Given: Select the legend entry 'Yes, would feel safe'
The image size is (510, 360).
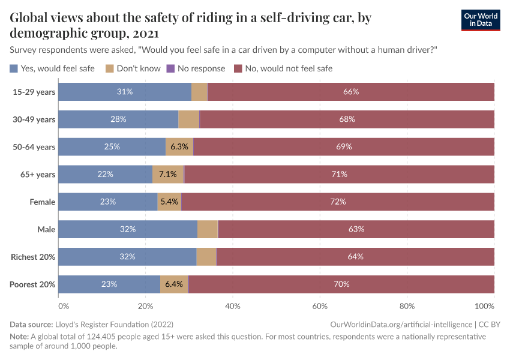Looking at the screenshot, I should (x=52, y=68).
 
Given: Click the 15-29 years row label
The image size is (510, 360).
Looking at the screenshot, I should (x=34, y=92).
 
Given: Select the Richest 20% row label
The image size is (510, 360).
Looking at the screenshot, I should (x=33, y=257).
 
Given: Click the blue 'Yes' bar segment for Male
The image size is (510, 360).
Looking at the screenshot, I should (x=128, y=229).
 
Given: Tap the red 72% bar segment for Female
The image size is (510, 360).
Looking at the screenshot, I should (x=338, y=202).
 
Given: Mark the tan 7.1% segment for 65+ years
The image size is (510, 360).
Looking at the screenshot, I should (x=167, y=174).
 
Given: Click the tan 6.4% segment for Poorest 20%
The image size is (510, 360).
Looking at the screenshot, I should (x=173, y=284).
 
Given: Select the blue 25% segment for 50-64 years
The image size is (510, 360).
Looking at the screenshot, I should (x=112, y=146).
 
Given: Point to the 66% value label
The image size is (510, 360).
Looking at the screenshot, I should (x=351, y=92).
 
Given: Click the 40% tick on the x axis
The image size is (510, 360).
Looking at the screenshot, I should (x=233, y=305).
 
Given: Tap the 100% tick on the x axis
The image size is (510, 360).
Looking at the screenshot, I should (x=493, y=305).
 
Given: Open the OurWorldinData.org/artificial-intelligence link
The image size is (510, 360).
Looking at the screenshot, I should (x=401, y=324).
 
